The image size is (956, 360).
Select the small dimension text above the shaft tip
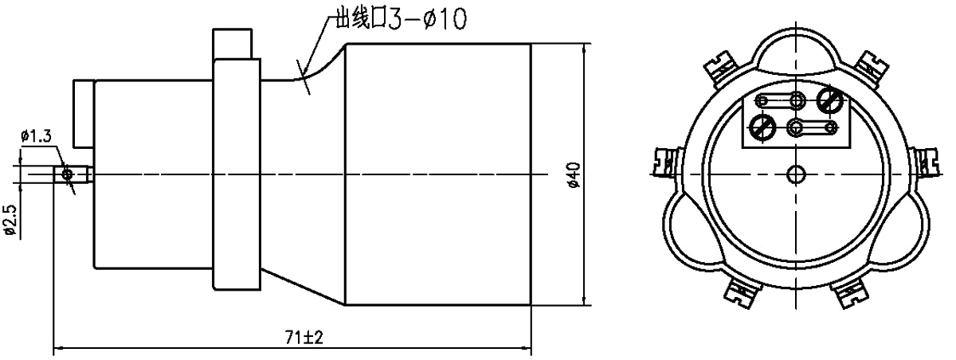tap(37, 136)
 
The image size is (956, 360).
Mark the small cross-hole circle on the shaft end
tap(69, 173)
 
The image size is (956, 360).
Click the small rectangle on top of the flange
tap(236, 44)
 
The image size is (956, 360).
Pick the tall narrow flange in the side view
tap(236, 173)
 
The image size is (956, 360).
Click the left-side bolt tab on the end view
tap(664, 162)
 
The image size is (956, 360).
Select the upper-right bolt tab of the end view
tap(870, 64)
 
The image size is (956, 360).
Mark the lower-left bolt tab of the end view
tap(742, 294)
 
